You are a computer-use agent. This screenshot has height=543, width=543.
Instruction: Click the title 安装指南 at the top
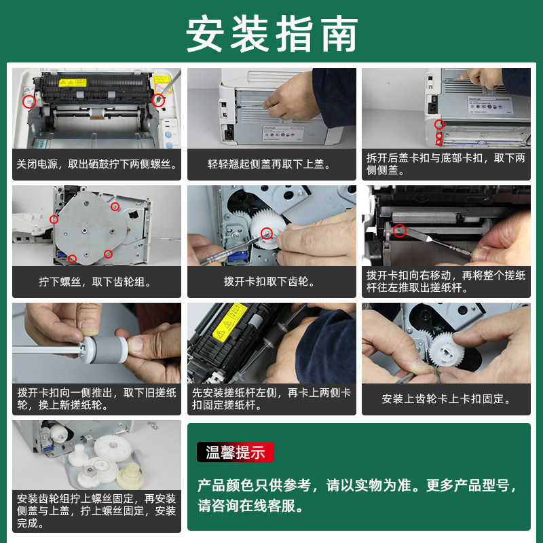click(x=272, y=34)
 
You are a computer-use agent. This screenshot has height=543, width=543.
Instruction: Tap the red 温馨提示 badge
click(x=236, y=452)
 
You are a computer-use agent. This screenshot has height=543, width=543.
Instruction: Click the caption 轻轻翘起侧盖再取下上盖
click(x=269, y=164)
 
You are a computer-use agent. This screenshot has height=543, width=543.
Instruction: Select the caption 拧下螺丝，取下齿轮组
click(x=95, y=282)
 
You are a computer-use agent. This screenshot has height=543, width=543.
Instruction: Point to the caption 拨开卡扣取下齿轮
click(x=269, y=281)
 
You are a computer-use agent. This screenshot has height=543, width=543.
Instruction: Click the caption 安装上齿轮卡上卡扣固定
click(x=446, y=399)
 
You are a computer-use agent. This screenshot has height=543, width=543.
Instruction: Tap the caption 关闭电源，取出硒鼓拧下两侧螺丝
click(x=96, y=164)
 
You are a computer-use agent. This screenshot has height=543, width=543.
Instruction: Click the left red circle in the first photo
click(x=29, y=101)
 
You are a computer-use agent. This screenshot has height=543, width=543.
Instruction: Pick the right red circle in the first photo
click(x=158, y=100)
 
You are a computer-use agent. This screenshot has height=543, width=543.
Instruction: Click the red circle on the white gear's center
click(x=267, y=233)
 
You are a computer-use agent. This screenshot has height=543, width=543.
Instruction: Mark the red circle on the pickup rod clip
click(x=399, y=231)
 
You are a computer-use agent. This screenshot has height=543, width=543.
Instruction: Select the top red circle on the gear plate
click(x=115, y=207)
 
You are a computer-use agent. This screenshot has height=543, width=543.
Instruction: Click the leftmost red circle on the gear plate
click(x=54, y=219)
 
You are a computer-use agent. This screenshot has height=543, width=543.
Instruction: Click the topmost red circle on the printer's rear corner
click(x=439, y=124)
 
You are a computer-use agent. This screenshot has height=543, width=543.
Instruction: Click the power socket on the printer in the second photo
click(x=229, y=132)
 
